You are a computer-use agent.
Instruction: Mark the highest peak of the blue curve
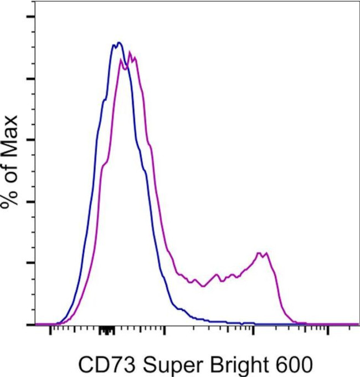pos(117,43)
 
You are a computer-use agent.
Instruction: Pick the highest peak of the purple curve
pos(130,53)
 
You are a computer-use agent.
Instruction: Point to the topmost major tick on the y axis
pos(30,17)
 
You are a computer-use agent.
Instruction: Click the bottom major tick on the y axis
pos(30,324)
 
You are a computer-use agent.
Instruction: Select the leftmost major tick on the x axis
pos(51,332)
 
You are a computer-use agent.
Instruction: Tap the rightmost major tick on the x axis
pos(328,332)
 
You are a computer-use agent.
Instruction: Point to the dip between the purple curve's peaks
pos(203,286)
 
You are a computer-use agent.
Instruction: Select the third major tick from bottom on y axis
pos(30,201)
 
